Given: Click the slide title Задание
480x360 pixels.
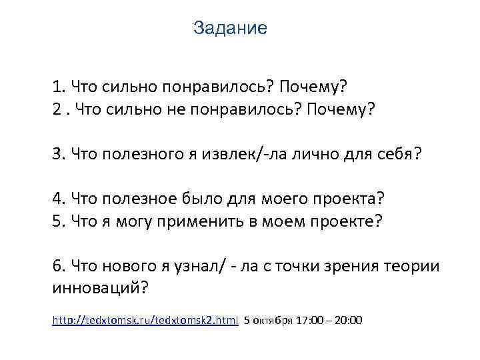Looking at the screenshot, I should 229,29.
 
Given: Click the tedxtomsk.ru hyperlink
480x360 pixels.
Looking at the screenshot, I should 145,321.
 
